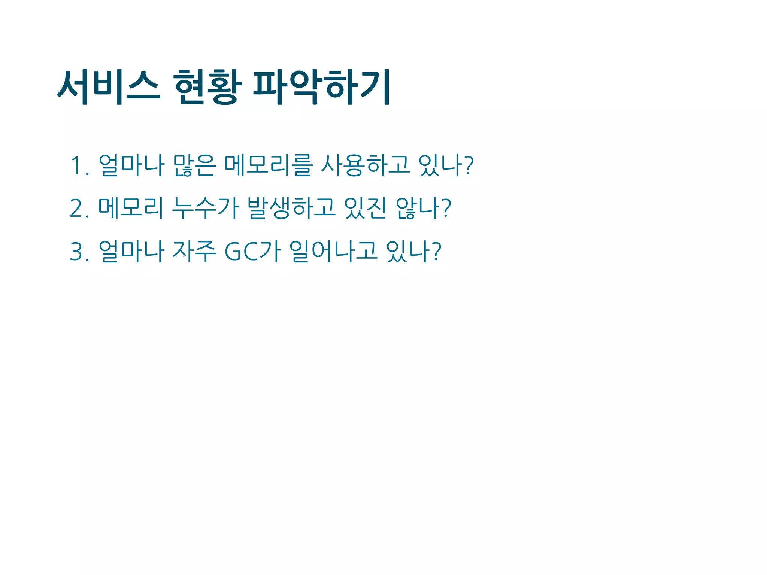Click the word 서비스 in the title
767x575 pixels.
click(x=109, y=87)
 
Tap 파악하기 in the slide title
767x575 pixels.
click(x=322, y=87)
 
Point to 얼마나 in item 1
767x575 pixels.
click(x=131, y=165)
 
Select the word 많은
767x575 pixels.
click(x=194, y=165)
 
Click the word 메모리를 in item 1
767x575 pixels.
click(x=268, y=165)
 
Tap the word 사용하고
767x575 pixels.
click(x=366, y=165)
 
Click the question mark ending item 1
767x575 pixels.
click(x=469, y=165)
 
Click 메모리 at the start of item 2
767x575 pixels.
click(x=131, y=208)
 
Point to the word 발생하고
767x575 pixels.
click(x=291, y=208)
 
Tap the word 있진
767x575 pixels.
click(x=365, y=208)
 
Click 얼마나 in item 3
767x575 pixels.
click(x=131, y=251)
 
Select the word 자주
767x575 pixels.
click(x=194, y=251)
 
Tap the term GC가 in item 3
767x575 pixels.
click(x=252, y=251)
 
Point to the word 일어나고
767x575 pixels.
click(x=333, y=251)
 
